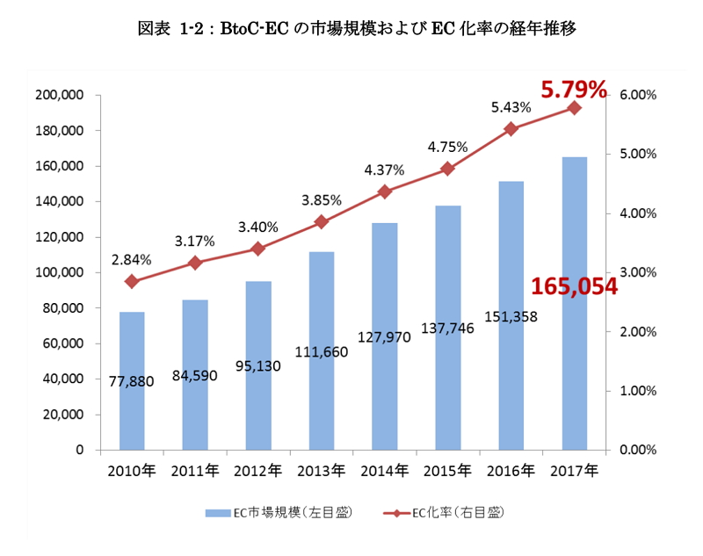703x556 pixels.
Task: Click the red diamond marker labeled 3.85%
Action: point(322,222)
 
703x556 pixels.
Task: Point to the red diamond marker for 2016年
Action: point(511,129)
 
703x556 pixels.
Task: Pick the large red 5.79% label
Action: point(574,89)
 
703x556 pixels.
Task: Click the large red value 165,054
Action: point(575,286)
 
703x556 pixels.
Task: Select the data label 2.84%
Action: point(132,260)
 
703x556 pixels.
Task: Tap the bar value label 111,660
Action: point(322,352)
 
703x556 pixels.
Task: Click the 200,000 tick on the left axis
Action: point(59,95)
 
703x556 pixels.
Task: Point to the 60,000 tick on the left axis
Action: point(62,343)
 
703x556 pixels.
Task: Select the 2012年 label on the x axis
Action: point(257,471)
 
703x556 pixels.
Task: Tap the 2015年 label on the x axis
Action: point(447,471)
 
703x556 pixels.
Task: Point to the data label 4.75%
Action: point(448,147)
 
